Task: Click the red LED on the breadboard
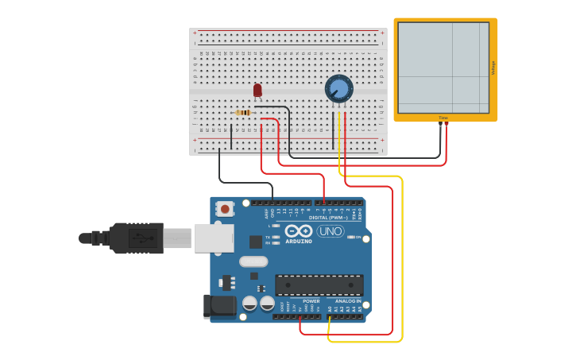[257, 91]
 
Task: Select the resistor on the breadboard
[244, 113]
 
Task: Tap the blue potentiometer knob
[339, 88]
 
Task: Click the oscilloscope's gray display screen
[443, 68]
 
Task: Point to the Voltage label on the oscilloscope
[493, 68]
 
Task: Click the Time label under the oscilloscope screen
[443, 118]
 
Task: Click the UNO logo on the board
[331, 231]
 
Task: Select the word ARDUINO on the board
[299, 241]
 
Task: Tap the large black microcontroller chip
[319, 285]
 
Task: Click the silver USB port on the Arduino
[214, 238]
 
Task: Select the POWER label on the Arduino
[311, 301]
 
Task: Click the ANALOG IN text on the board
[348, 301]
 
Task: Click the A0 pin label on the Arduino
[330, 309]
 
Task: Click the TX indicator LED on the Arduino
[275, 237]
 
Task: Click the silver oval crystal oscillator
[253, 261]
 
